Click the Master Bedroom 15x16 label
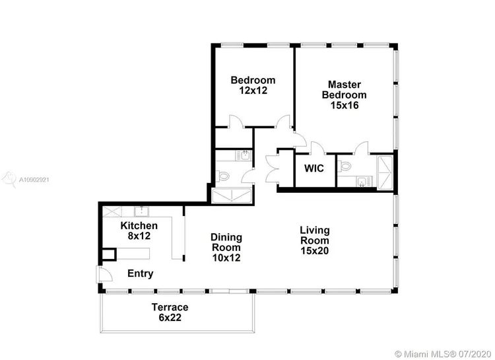(344, 95)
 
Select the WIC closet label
(314, 168)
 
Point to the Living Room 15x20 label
(315, 240)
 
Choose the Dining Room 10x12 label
(226, 248)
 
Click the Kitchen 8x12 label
(139, 231)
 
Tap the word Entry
(141, 273)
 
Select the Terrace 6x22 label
(170, 312)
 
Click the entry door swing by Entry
(104, 273)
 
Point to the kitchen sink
(141, 211)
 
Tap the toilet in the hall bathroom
(223, 176)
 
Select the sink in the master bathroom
(362, 182)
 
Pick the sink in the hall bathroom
(244, 155)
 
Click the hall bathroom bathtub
(232, 196)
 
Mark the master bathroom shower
(385, 172)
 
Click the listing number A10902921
(34, 180)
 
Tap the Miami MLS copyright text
(443, 353)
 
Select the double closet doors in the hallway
(272, 168)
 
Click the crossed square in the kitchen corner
(112, 211)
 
